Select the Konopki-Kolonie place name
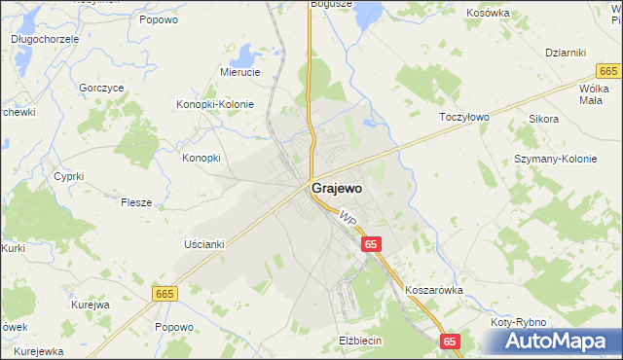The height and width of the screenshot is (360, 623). (214, 104)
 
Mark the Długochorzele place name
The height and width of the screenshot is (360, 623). (44, 39)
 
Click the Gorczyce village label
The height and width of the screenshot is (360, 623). (101, 88)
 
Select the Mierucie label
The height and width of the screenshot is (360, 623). (239, 71)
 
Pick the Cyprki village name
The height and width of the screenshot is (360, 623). (69, 176)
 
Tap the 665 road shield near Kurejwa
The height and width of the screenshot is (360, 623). (163, 292)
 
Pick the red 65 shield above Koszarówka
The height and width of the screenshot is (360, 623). (370, 245)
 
